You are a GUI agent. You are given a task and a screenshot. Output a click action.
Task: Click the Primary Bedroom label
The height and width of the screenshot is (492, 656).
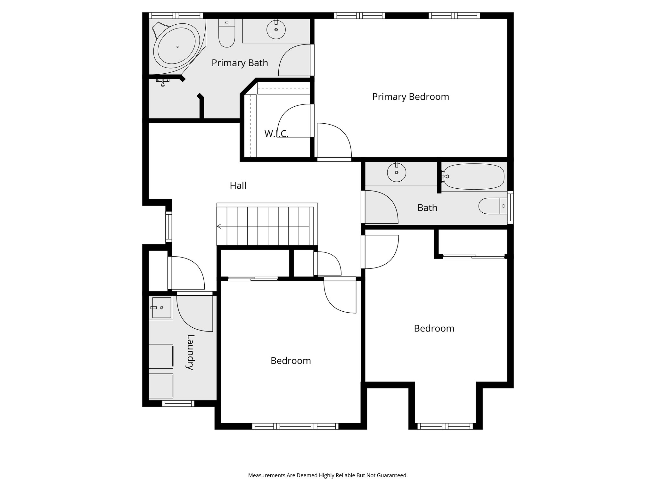pos(410,97)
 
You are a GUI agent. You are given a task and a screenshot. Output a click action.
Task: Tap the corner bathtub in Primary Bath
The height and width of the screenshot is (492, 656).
pos(177,47)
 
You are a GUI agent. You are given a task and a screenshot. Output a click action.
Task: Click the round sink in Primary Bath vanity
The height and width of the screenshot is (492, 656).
pos(276,30)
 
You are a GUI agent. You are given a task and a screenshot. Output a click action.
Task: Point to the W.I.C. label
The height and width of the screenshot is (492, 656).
pos(276,134)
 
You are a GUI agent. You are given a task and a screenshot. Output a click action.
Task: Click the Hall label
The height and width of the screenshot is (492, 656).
pos(238,185)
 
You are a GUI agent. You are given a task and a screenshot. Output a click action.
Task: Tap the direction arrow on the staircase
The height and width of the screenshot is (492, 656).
pos(219,226)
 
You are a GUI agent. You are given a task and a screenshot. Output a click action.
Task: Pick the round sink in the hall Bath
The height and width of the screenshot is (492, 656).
pos(397,173)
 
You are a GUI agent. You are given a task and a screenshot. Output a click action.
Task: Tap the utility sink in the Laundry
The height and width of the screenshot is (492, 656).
pos(162,308)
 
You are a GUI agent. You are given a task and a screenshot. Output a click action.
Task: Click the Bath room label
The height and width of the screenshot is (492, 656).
pos(427,208)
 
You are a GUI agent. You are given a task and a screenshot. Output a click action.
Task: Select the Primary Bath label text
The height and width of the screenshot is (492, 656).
pos(240,63)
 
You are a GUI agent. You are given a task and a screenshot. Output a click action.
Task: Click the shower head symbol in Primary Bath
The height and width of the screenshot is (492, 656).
pos(163,82)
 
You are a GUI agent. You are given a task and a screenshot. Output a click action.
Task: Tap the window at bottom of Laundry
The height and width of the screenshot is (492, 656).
pos(178,404)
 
